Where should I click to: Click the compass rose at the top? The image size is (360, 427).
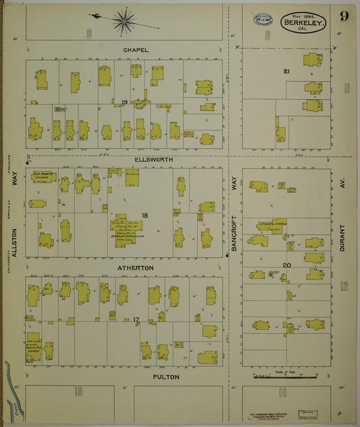(x=124, y=21)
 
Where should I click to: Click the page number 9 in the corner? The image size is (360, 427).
(x=344, y=17)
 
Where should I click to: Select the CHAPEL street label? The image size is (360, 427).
(x=136, y=50)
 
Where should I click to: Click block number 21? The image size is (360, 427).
(x=286, y=71)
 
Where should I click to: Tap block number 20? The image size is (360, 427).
(x=286, y=266)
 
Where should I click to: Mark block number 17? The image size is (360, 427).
(x=136, y=319)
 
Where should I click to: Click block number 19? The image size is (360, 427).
(x=124, y=102)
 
